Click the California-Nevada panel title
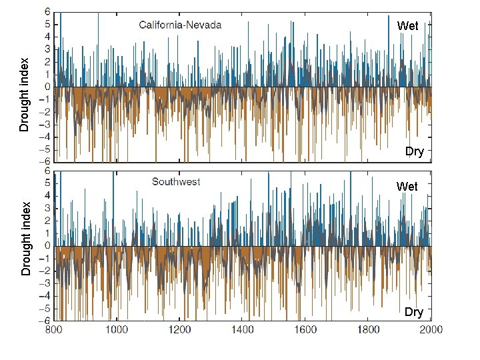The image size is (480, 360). click(180, 25)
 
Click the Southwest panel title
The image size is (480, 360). click(176, 181)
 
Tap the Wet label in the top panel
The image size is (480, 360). click(407, 26)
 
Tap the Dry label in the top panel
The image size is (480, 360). click(414, 151)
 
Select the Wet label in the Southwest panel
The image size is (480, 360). click(407, 187)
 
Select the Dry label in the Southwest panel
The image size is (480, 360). click(413, 312)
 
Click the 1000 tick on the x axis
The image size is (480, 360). click(117, 329)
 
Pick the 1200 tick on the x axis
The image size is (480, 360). click(179, 329)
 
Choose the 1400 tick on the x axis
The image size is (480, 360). click(243, 329)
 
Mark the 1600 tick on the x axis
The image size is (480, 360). click(305, 329)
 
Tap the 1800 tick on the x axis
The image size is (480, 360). click(369, 329)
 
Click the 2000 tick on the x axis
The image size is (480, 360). click(431, 329)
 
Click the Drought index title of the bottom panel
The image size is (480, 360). click(25, 238)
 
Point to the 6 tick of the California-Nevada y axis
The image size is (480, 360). click(46, 11)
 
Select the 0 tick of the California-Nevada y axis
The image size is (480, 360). click(46, 87)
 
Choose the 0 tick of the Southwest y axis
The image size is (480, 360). click(46, 246)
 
